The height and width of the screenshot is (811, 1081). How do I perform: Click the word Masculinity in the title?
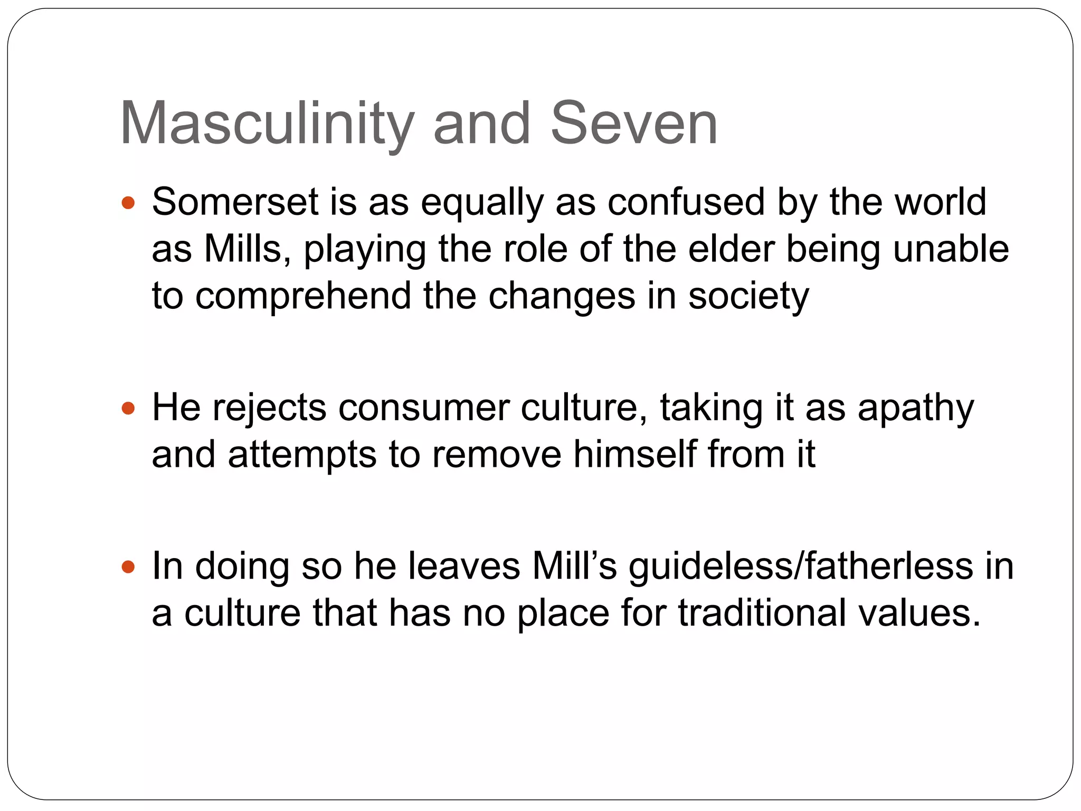coord(267,124)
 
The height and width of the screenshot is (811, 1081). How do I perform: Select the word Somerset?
coord(235,202)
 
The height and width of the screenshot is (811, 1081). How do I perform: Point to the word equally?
coord(482,203)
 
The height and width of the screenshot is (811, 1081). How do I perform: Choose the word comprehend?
coord(303,297)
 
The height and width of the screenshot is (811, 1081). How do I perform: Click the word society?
coord(748,297)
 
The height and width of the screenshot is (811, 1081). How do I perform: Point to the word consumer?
coord(423,408)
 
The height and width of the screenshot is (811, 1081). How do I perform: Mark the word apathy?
coord(915,409)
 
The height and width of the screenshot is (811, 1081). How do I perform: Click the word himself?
coord(634,454)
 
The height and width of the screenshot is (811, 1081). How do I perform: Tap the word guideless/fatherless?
coord(800,566)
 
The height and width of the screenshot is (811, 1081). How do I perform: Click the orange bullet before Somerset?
coord(128,202)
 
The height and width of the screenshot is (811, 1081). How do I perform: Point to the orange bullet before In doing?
coord(128,567)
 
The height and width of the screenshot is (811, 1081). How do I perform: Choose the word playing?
coord(365,250)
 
